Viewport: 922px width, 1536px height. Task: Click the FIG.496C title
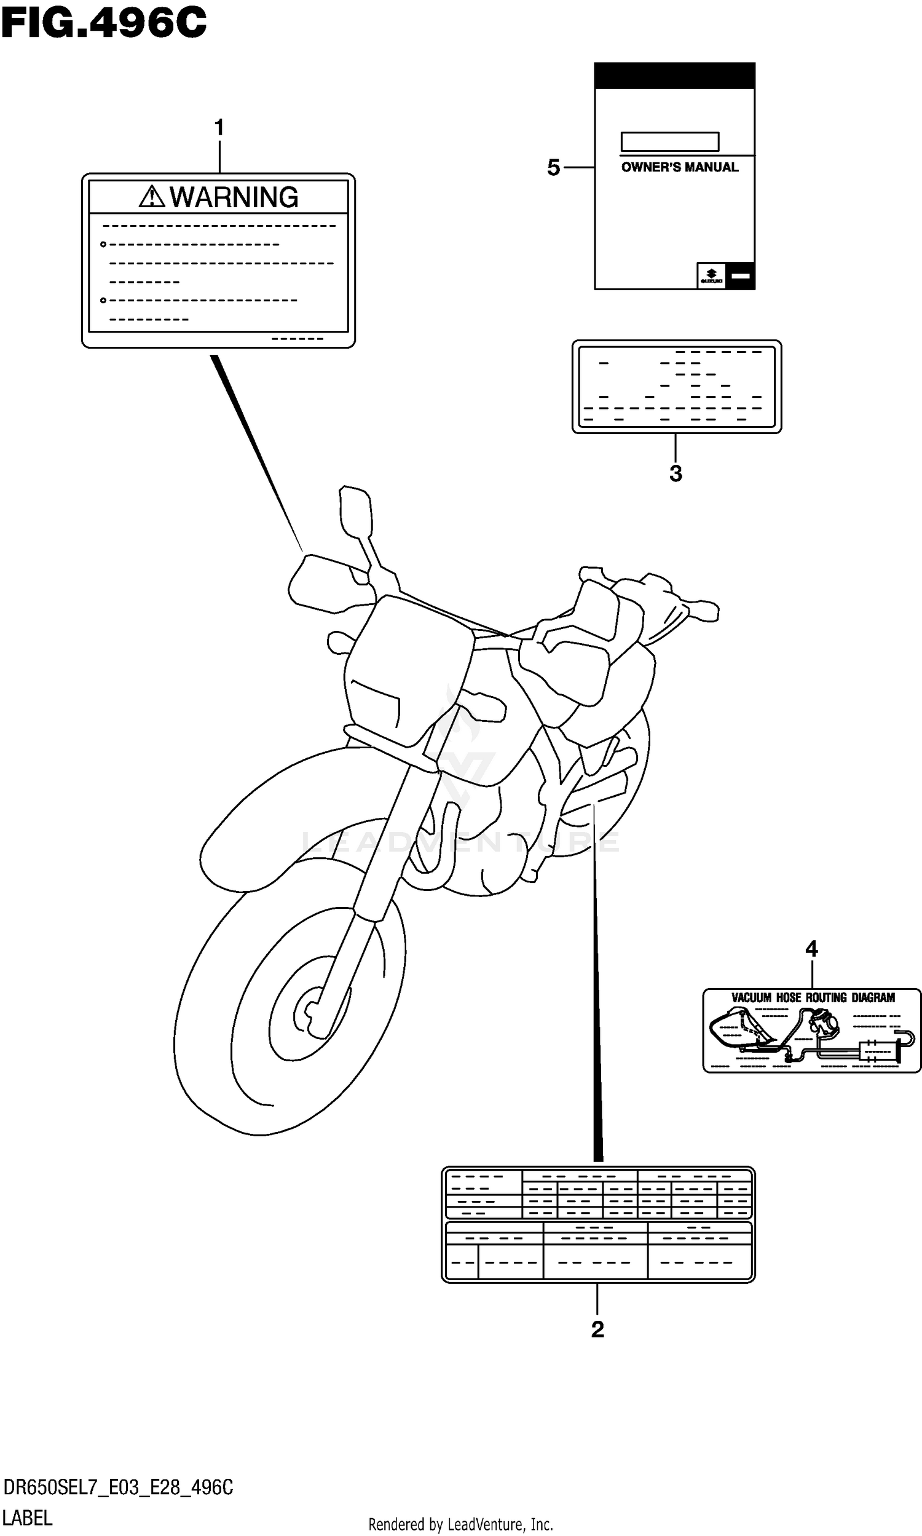tap(103, 23)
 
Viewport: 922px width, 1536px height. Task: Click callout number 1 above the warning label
tap(219, 128)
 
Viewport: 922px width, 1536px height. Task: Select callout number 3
tap(676, 473)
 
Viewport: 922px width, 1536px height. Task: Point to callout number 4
tap(811, 949)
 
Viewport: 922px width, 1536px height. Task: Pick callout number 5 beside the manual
tap(554, 168)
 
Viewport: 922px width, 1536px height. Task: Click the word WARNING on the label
tap(234, 197)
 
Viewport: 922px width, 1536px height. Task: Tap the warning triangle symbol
tap(151, 197)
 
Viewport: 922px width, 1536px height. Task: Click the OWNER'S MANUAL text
tap(680, 167)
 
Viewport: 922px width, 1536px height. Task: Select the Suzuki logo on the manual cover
tap(711, 275)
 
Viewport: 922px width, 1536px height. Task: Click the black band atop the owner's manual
tap(675, 76)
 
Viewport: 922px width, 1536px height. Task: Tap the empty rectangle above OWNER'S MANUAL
tap(670, 141)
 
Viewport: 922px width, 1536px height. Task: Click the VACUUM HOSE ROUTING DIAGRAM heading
tap(813, 998)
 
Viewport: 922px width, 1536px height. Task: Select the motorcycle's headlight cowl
tap(407, 671)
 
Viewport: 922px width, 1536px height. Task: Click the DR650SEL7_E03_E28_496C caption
tap(118, 1487)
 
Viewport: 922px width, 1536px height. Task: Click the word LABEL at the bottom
tap(28, 1518)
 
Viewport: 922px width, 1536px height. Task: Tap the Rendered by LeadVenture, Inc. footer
tap(460, 1524)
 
